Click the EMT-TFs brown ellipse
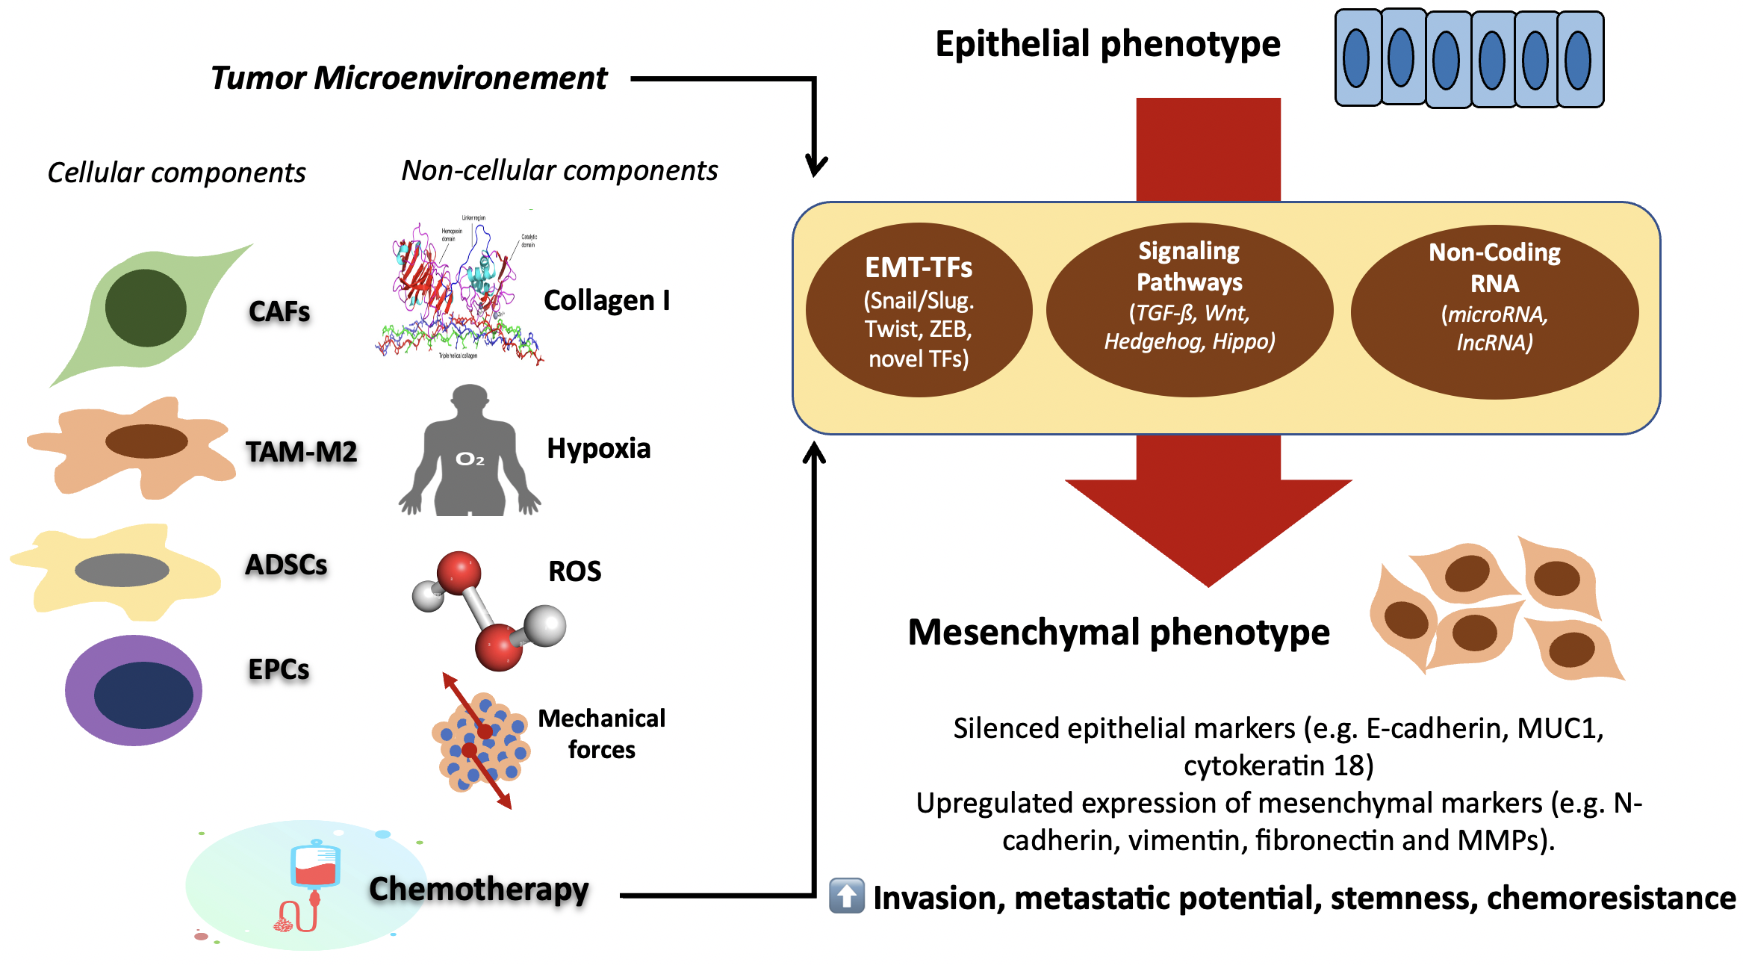tap(919, 310)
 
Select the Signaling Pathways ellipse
tap(1189, 310)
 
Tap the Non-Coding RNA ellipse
tap(1494, 312)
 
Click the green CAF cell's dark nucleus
tap(146, 308)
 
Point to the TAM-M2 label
tap(301, 452)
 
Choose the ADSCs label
tap(286, 565)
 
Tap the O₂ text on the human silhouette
tap(470, 459)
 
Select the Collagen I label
tap(606, 300)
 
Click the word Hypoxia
tap(598, 448)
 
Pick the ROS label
tap(574, 571)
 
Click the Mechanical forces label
tap(601, 733)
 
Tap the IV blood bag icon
tap(316, 866)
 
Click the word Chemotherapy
tap(479, 889)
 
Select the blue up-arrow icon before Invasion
tap(846, 896)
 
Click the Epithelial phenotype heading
tap(1107, 44)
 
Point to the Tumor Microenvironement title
tap(408, 78)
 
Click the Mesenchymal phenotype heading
tap(1118, 632)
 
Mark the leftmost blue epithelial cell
tap(1357, 58)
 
